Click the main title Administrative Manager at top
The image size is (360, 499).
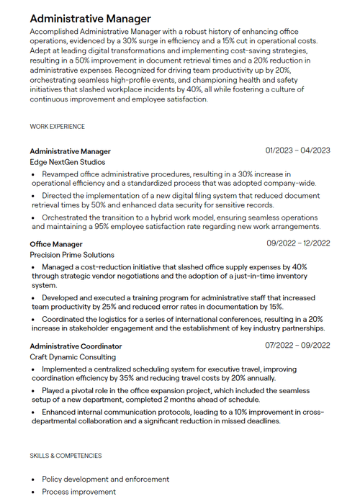point(91,19)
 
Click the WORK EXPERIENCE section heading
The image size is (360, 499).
point(58,127)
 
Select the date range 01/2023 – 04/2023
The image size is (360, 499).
point(297,150)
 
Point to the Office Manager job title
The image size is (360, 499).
point(56,244)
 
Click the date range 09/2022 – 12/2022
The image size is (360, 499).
point(298,243)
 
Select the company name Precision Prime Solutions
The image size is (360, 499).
point(72,255)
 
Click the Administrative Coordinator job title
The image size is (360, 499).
point(76,346)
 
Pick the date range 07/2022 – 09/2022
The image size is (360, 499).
point(298,346)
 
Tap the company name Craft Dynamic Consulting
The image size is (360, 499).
point(73,357)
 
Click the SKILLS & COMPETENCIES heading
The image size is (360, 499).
point(66,456)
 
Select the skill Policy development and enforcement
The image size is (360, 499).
point(105,479)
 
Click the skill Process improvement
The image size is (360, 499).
point(78,492)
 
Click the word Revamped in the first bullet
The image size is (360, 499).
point(61,174)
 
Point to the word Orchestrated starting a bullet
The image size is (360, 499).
point(66,216)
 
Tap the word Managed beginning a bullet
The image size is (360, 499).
point(59,266)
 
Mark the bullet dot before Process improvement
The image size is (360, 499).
point(33,492)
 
